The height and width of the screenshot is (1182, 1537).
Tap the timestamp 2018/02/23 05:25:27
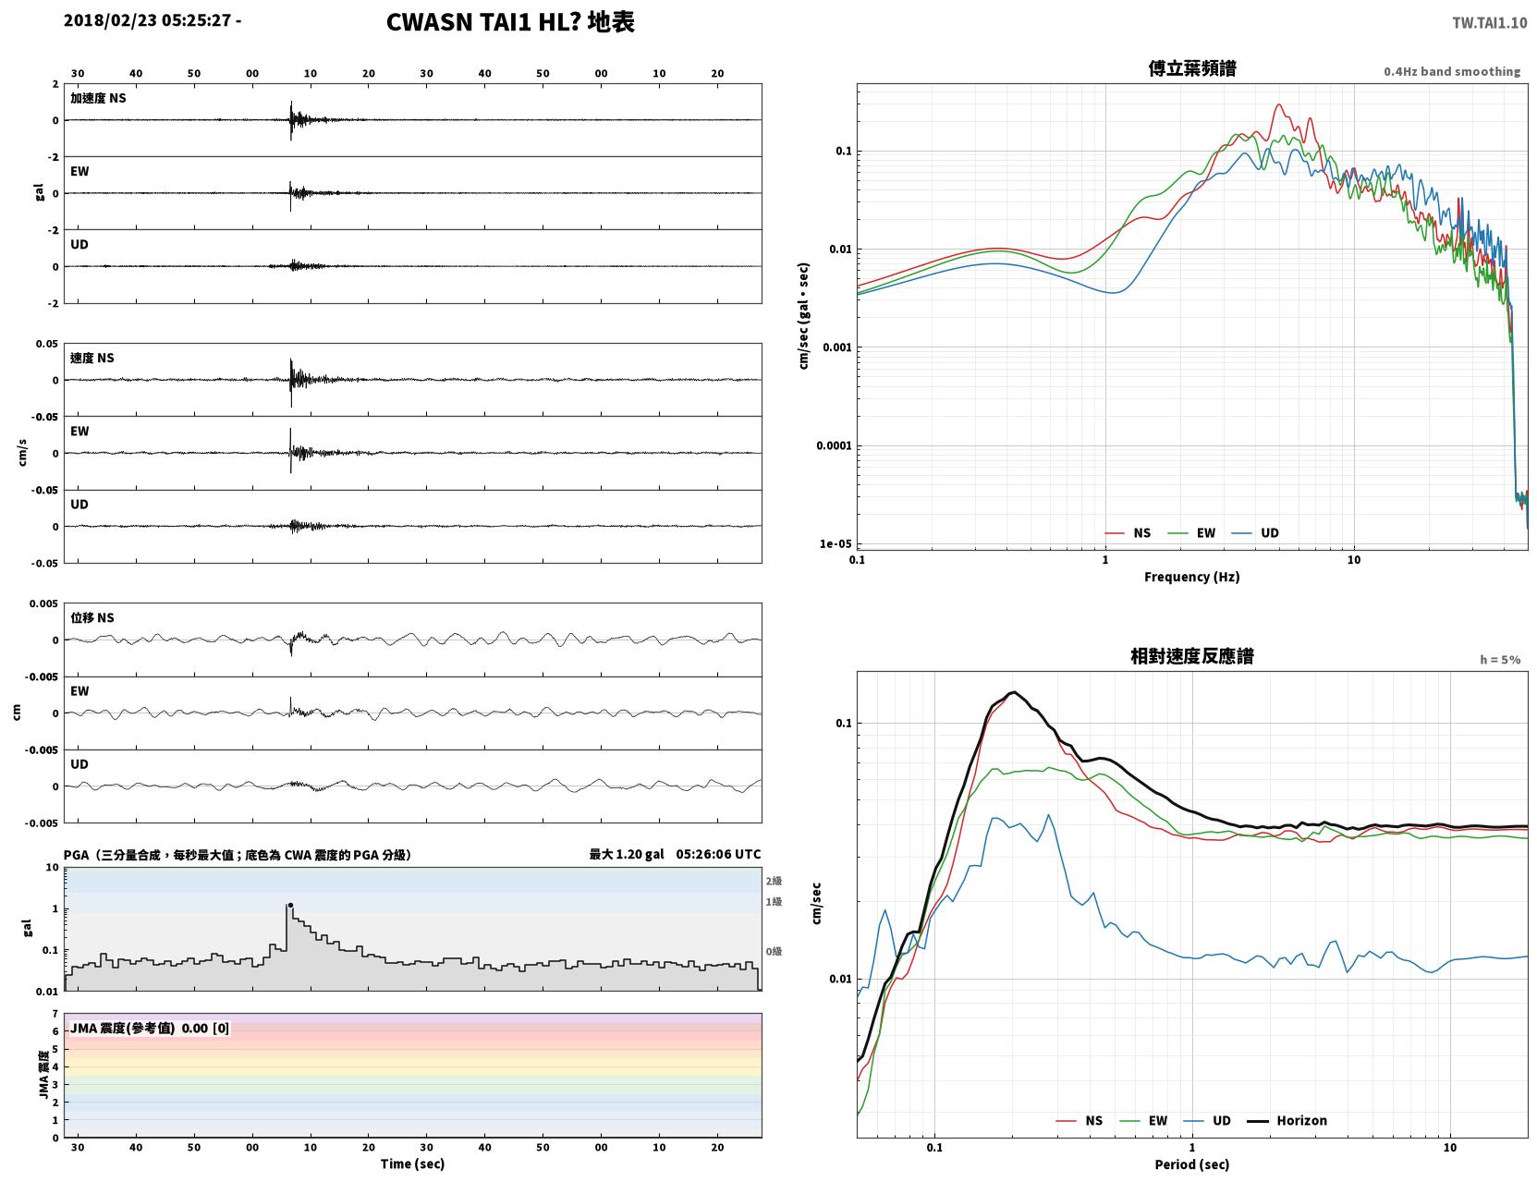[x=147, y=19]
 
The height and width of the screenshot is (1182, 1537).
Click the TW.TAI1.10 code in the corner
[x=1490, y=22]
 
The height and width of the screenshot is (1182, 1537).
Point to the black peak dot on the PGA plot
[x=290, y=905]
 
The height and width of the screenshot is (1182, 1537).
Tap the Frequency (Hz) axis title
[x=1192, y=577]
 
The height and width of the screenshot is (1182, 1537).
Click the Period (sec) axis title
[x=1192, y=1164]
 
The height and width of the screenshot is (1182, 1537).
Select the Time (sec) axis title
[x=412, y=1164]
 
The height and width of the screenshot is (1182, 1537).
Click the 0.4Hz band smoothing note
[x=1451, y=71]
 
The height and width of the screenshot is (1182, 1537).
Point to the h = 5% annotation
[x=1500, y=660]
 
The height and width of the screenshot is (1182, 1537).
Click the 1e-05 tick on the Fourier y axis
[x=836, y=543]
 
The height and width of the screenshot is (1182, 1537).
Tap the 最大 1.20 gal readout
[x=627, y=854]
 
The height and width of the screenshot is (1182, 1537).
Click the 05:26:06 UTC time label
[x=719, y=854]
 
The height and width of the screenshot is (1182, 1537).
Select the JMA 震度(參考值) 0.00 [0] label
[x=149, y=1028]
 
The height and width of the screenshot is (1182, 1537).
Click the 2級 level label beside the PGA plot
[x=774, y=881]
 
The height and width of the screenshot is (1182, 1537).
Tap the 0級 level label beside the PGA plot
[x=774, y=952]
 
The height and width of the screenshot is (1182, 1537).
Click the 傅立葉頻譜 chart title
[x=1192, y=68]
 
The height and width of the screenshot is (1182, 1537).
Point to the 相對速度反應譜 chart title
[x=1192, y=656]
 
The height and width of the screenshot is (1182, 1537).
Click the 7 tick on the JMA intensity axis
[x=55, y=1014]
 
